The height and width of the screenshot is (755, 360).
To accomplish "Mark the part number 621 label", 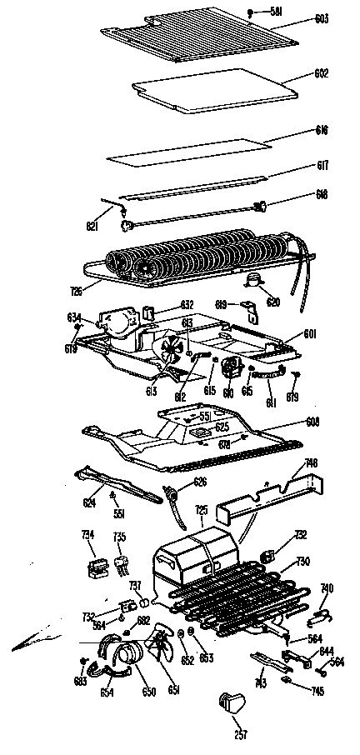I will click(x=92, y=226).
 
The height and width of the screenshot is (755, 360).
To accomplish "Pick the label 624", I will click(x=87, y=502).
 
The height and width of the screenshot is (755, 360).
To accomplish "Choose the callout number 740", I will click(x=327, y=587).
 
